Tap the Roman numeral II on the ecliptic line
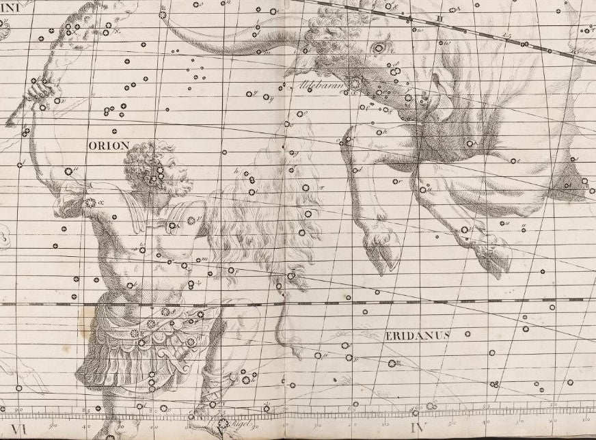[x=441, y=18]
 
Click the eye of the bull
[x=379, y=47]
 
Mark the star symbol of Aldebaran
[x=355, y=83]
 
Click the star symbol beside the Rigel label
[x=223, y=424]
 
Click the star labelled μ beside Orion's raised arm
[x=68, y=171]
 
